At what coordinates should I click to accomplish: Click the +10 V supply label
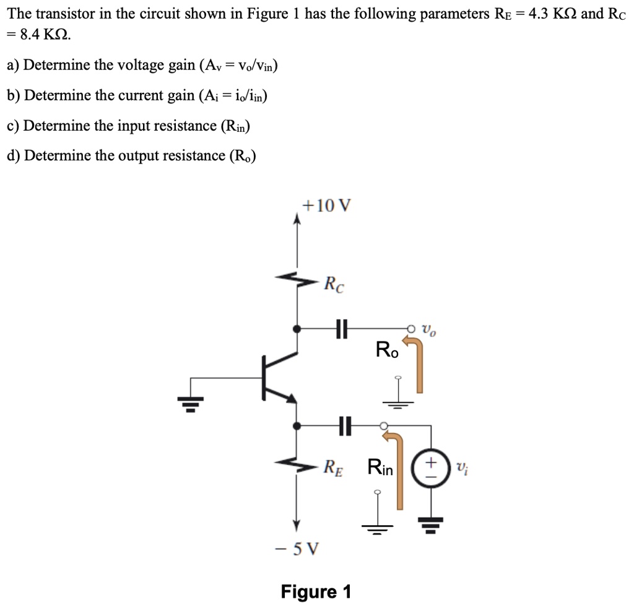pyautogui.click(x=326, y=205)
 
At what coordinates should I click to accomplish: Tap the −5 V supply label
pyautogui.click(x=296, y=548)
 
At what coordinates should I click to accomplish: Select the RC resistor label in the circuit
pyautogui.click(x=335, y=285)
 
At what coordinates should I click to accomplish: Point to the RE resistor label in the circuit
pyautogui.click(x=334, y=466)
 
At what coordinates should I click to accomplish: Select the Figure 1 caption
pyautogui.click(x=316, y=591)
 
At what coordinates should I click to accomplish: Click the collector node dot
pyautogui.click(x=297, y=329)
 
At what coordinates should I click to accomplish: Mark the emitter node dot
pyautogui.click(x=297, y=426)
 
